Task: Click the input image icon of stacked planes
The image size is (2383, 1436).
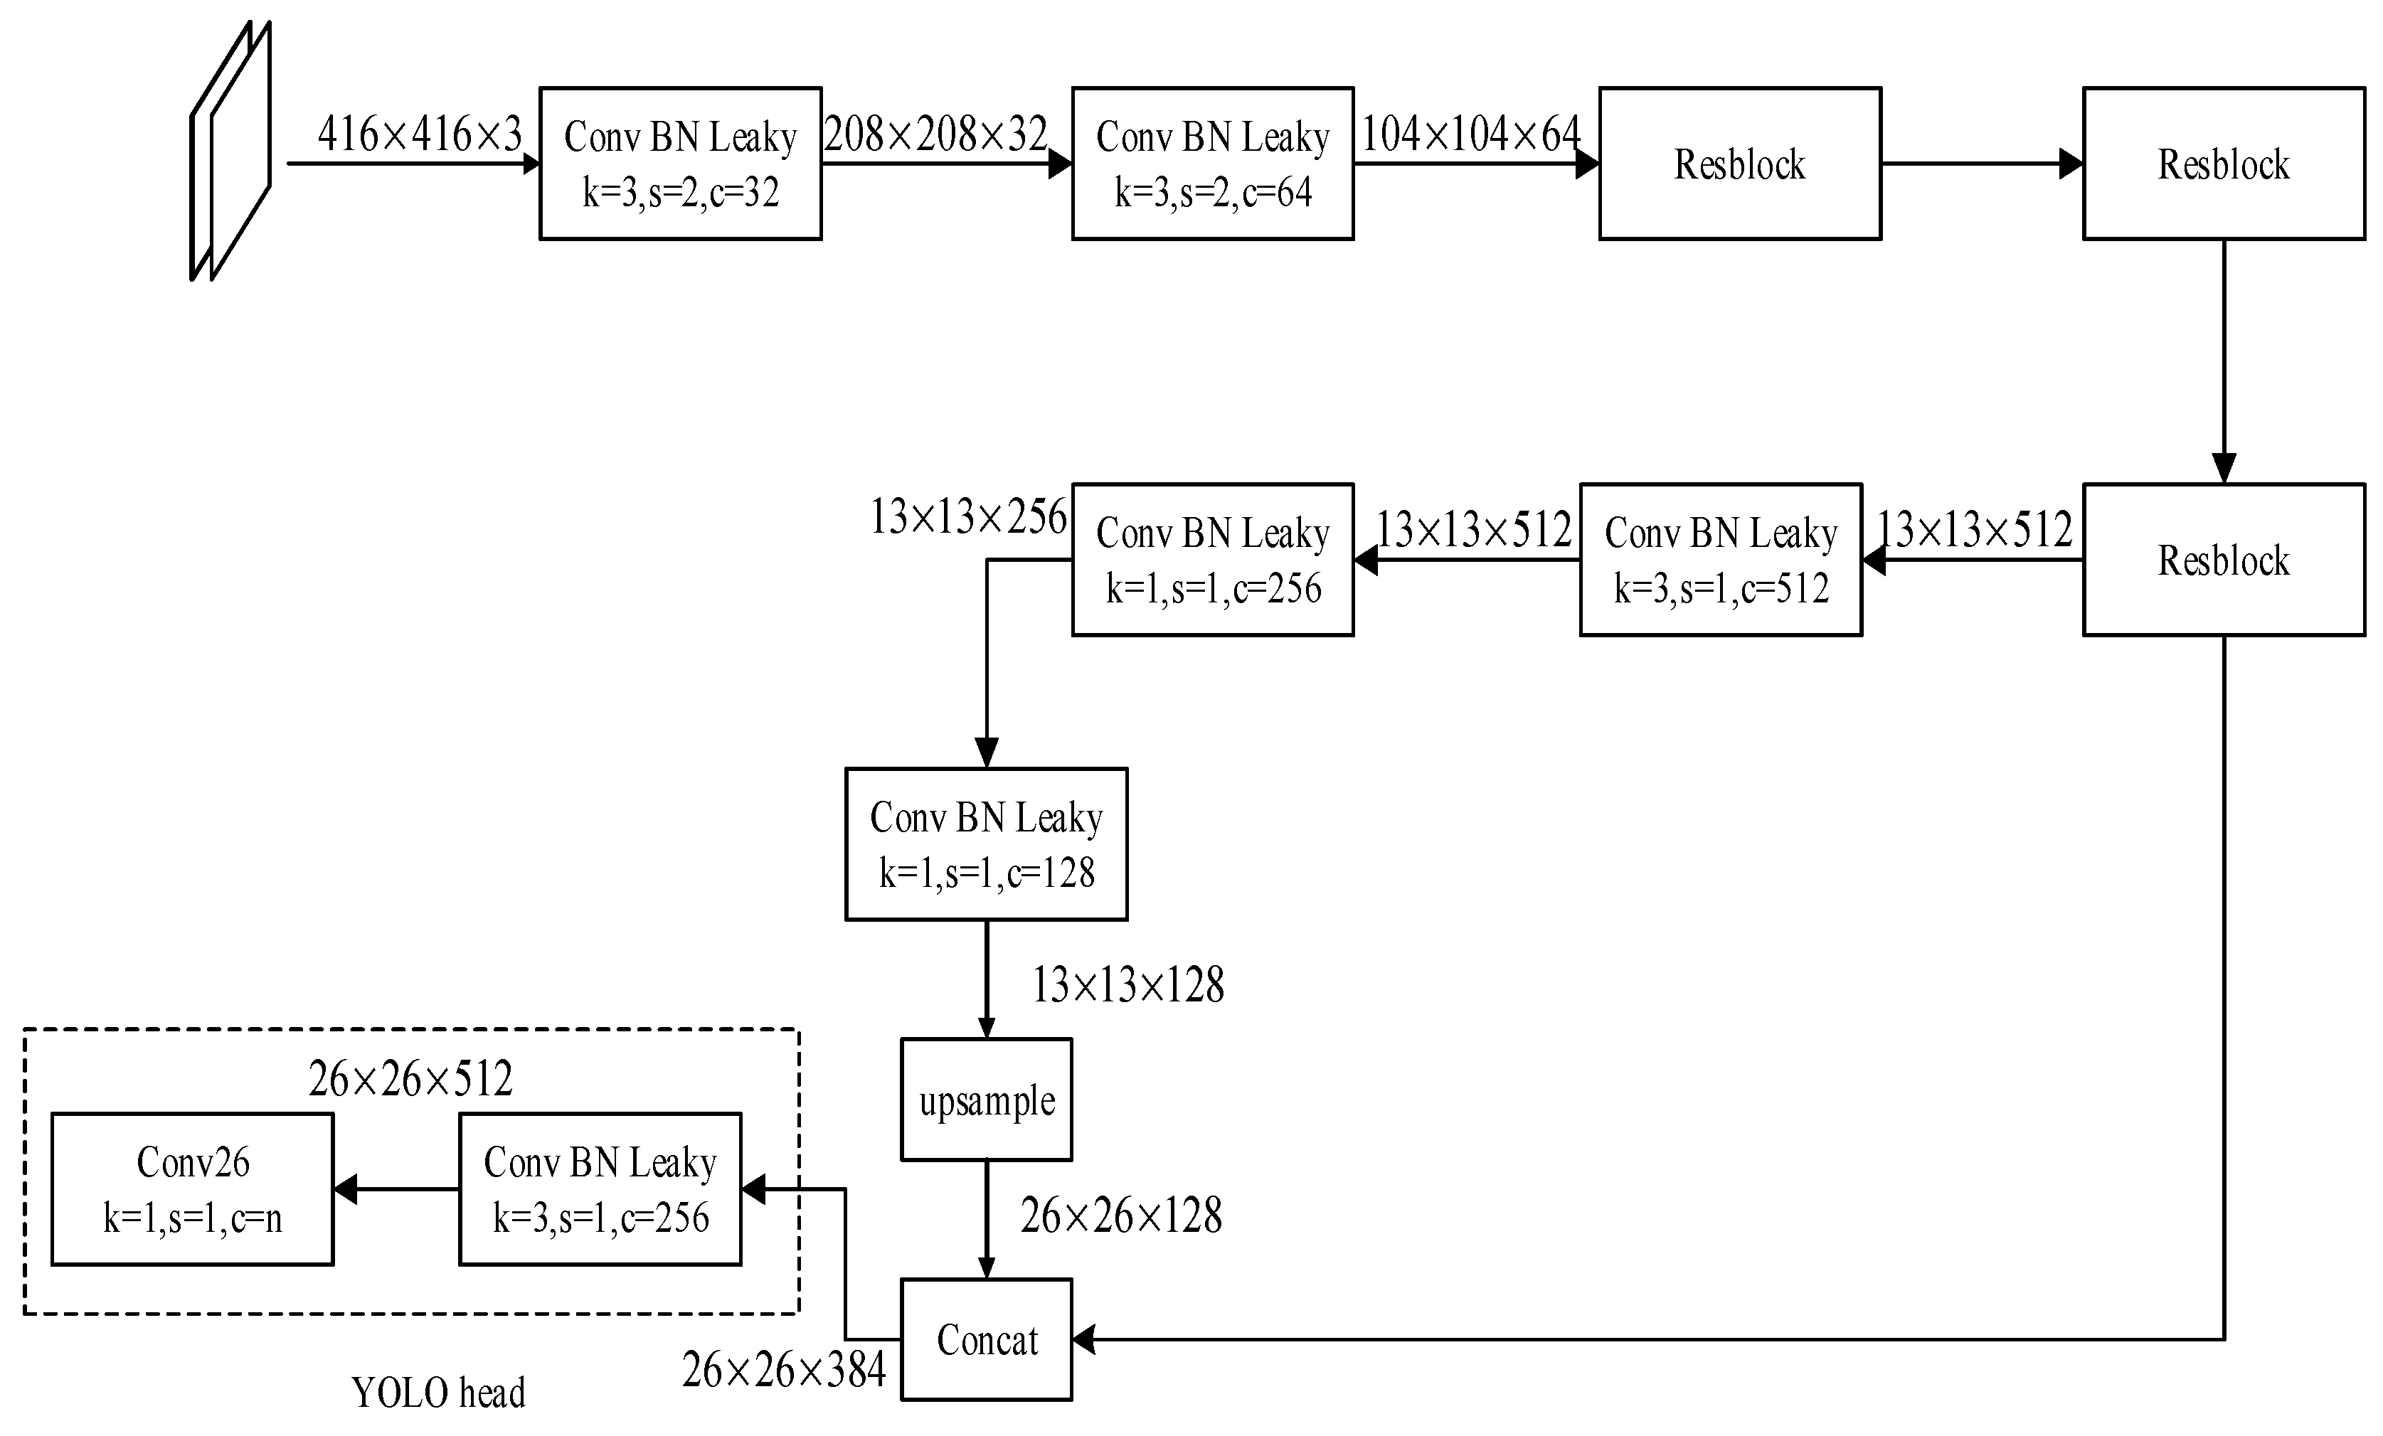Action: pos(231,151)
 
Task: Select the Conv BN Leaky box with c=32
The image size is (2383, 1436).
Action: pos(680,164)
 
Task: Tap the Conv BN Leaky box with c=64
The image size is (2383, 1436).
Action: pos(1212,164)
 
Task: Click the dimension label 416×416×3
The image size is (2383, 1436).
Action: pos(419,134)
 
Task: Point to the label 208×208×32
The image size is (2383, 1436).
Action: pos(935,134)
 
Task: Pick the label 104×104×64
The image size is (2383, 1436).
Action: pos(1470,134)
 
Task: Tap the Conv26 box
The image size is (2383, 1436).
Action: pos(193,1188)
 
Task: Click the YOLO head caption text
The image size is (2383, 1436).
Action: pos(438,1393)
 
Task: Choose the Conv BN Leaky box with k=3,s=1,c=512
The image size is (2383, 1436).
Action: pos(1721,559)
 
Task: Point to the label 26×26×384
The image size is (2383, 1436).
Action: pos(783,1369)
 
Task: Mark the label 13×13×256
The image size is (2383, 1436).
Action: pos(968,517)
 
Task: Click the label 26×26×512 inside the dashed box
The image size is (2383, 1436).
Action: pos(410,1078)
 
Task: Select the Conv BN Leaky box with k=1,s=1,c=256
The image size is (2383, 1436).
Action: pos(1212,559)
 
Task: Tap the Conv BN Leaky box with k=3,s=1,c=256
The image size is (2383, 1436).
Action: pos(600,1188)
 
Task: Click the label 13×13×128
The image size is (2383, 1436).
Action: pos(1127,985)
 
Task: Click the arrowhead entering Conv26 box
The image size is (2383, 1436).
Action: pos(345,1188)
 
